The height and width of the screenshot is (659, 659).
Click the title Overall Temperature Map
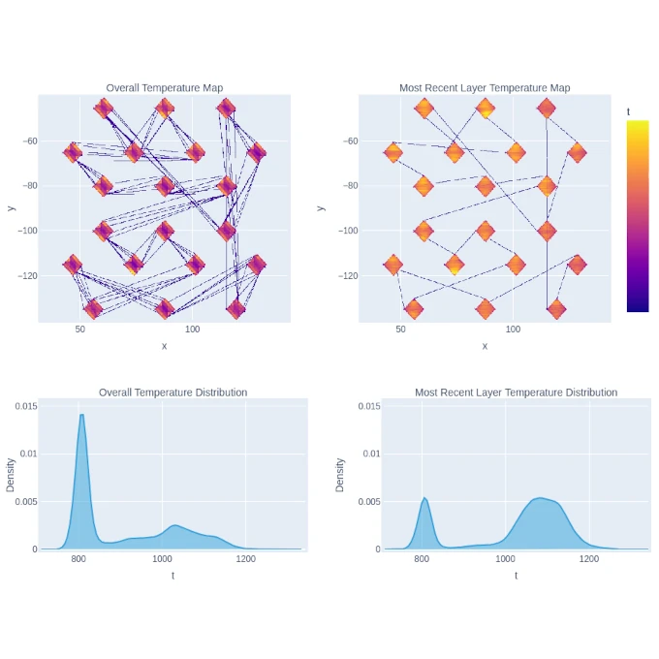click(x=164, y=88)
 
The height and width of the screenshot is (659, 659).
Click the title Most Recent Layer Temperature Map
click(x=485, y=88)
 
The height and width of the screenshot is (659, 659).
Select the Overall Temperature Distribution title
click(x=173, y=392)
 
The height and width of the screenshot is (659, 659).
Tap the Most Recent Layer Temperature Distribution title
click(x=516, y=392)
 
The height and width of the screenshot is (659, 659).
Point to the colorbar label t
click(x=629, y=112)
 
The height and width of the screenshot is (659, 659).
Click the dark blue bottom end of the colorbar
click(x=638, y=308)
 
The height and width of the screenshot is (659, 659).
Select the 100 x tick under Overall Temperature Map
click(x=193, y=330)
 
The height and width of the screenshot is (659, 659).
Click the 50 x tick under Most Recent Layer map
click(x=400, y=330)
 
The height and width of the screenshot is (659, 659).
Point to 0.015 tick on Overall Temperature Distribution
click(x=23, y=406)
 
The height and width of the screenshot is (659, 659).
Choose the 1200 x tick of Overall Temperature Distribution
click(x=245, y=560)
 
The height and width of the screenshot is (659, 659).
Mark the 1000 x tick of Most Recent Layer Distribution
click(x=505, y=560)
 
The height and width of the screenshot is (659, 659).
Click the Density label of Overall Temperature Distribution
click(x=11, y=475)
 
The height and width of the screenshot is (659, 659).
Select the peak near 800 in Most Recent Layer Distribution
click(x=424, y=498)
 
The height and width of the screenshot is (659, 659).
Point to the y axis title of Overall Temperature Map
click(x=11, y=207)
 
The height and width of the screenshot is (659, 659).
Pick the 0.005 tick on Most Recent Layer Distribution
click(x=358, y=501)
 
